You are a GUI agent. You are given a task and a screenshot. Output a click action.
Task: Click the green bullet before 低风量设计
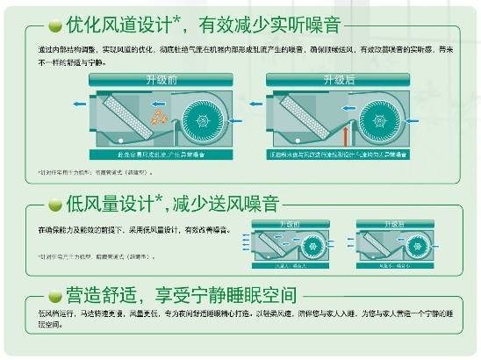pyautogui.click(x=54, y=205)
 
